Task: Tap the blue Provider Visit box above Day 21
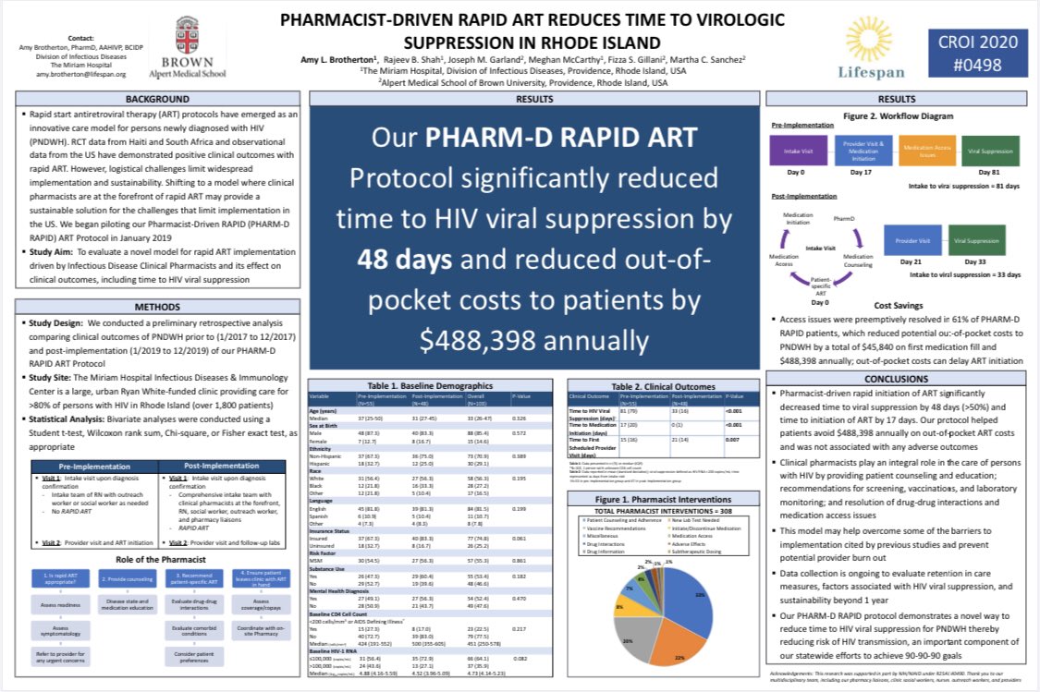pyautogui.click(x=912, y=239)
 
